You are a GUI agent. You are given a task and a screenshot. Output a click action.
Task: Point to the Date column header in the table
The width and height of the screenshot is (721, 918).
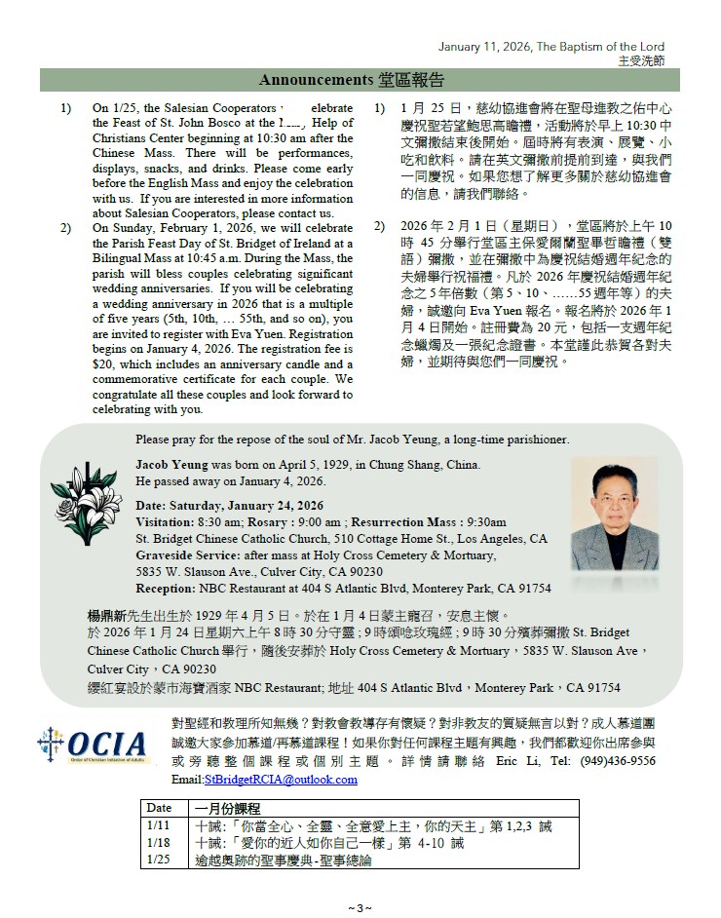(159, 809)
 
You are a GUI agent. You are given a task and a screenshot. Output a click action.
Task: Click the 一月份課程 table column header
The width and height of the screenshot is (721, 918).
(228, 809)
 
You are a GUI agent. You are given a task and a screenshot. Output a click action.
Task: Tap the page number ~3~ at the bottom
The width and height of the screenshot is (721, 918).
(360, 908)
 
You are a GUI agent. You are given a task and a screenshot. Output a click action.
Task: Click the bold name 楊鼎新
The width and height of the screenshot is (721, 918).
(110, 617)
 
